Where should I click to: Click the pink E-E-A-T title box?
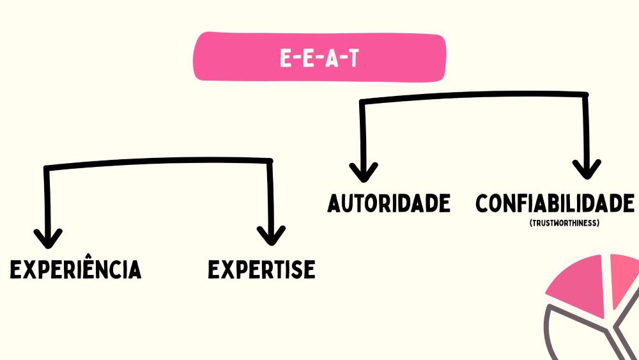tap(319, 58)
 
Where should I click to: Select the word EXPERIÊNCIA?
tap(75, 270)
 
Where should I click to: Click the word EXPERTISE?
tap(261, 270)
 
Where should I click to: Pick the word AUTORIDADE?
tap(389, 203)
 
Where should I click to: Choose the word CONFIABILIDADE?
tap(555, 203)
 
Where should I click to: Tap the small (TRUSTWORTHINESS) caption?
tap(564, 224)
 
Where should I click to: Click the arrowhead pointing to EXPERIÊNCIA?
tap(48, 238)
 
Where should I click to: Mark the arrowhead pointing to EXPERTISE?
tap(272, 235)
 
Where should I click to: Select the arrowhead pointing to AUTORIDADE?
tap(364, 171)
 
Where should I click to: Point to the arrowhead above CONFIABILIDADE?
tap(586, 169)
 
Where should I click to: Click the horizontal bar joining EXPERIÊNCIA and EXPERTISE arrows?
tap(160, 162)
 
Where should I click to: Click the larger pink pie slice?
tap(578, 281)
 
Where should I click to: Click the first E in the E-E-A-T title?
tap(286, 59)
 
